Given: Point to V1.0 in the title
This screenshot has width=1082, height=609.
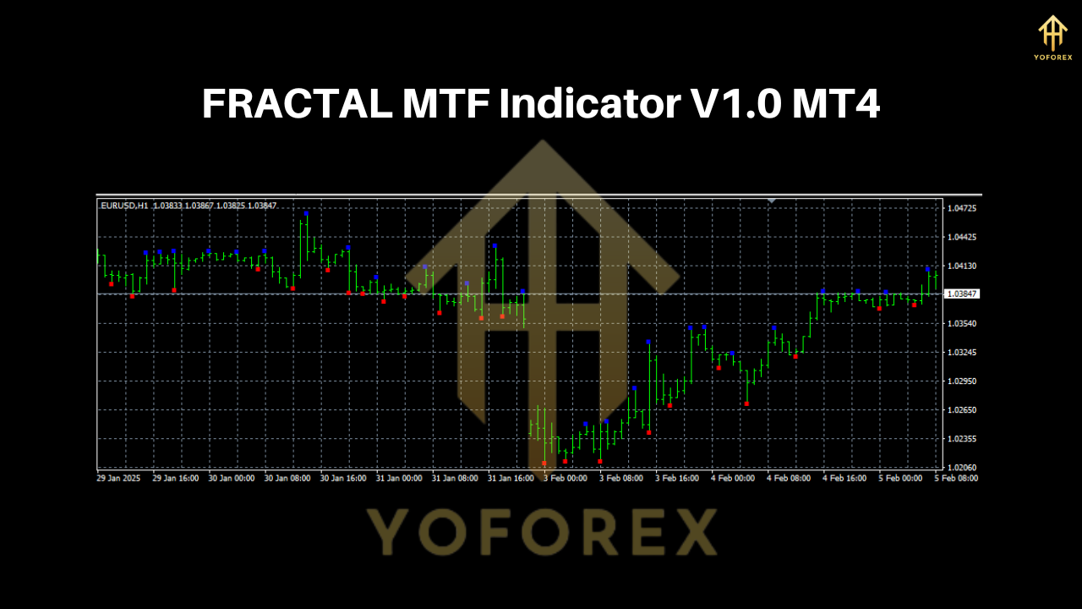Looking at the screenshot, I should (x=730, y=105).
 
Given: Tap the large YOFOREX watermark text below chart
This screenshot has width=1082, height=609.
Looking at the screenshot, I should (x=541, y=532).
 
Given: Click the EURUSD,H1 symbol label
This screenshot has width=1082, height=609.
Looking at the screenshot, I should (x=124, y=206).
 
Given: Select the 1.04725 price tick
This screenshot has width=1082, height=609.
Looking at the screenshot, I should (x=962, y=208).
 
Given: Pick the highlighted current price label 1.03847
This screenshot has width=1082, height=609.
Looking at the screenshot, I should (x=962, y=294).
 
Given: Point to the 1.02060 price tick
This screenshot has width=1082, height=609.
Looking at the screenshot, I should (x=962, y=468).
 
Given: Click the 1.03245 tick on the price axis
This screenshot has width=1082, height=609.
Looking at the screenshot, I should (x=962, y=352).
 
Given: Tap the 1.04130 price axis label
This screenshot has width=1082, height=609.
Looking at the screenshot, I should (x=962, y=266).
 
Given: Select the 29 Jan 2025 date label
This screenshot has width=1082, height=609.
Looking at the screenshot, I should (x=117, y=478).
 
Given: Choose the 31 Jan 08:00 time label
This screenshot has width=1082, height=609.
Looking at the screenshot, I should (x=455, y=478).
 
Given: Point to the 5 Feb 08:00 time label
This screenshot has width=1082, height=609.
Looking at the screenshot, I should (x=956, y=478).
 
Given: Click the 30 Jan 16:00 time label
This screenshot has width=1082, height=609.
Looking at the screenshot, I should (x=343, y=478).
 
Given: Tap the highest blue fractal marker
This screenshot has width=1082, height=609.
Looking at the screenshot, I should (x=306, y=213).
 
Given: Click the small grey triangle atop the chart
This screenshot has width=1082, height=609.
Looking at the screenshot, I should (x=771, y=200).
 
